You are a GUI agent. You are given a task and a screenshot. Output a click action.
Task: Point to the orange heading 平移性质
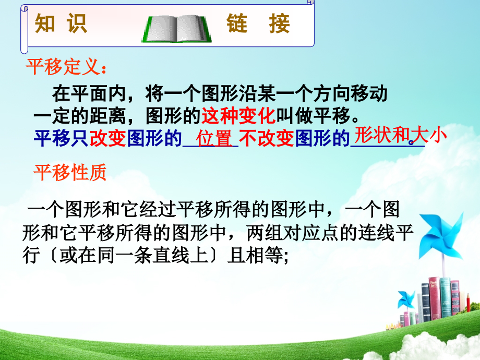click(x=70, y=172)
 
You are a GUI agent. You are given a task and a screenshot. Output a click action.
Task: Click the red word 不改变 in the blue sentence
click(x=267, y=139)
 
